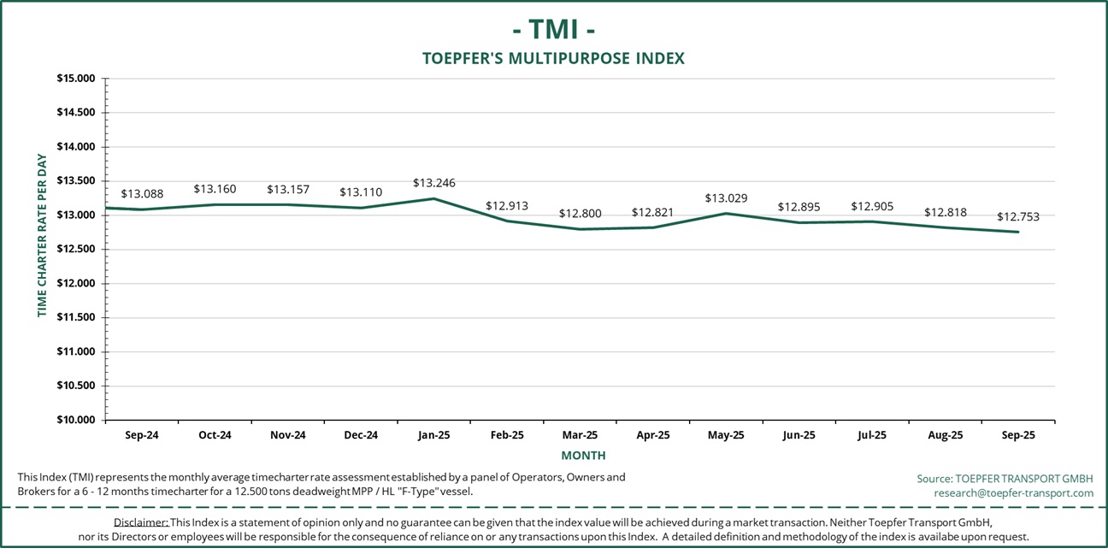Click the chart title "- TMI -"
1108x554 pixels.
pyautogui.click(x=554, y=29)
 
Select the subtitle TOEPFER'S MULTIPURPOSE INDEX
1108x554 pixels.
pyautogui.click(x=554, y=59)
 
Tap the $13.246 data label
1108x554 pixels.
pyautogui.click(x=434, y=183)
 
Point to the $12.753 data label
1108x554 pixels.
pyautogui.click(x=1018, y=216)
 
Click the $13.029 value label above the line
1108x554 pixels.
pyautogui.click(x=726, y=198)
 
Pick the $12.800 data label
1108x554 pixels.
pyautogui.click(x=581, y=214)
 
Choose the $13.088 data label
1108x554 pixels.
pyautogui.click(x=142, y=194)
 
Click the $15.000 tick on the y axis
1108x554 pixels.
pyautogui.click(x=75, y=79)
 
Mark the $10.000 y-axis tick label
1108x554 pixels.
pyautogui.click(x=75, y=420)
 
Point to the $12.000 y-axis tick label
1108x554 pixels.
pyautogui.click(x=75, y=284)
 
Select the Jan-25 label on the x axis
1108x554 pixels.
pyautogui.click(x=434, y=435)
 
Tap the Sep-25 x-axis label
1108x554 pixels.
pyautogui.click(x=1018, y=435)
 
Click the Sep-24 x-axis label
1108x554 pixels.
pyautogui.click(x=142, y=435)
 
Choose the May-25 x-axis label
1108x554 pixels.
pyautogui.click(x=726, y=435)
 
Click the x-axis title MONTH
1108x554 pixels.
pyautogui.click(x=583, y=456)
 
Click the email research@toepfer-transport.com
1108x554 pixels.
pyautogui.click(x=1013, y=493)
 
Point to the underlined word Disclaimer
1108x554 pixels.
pyautogui.click(x=140, y=522)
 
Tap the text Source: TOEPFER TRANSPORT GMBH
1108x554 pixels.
pyautogui.click(x=1005, y=478)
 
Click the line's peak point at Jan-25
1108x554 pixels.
pyautogui.click(x=434, y=199)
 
